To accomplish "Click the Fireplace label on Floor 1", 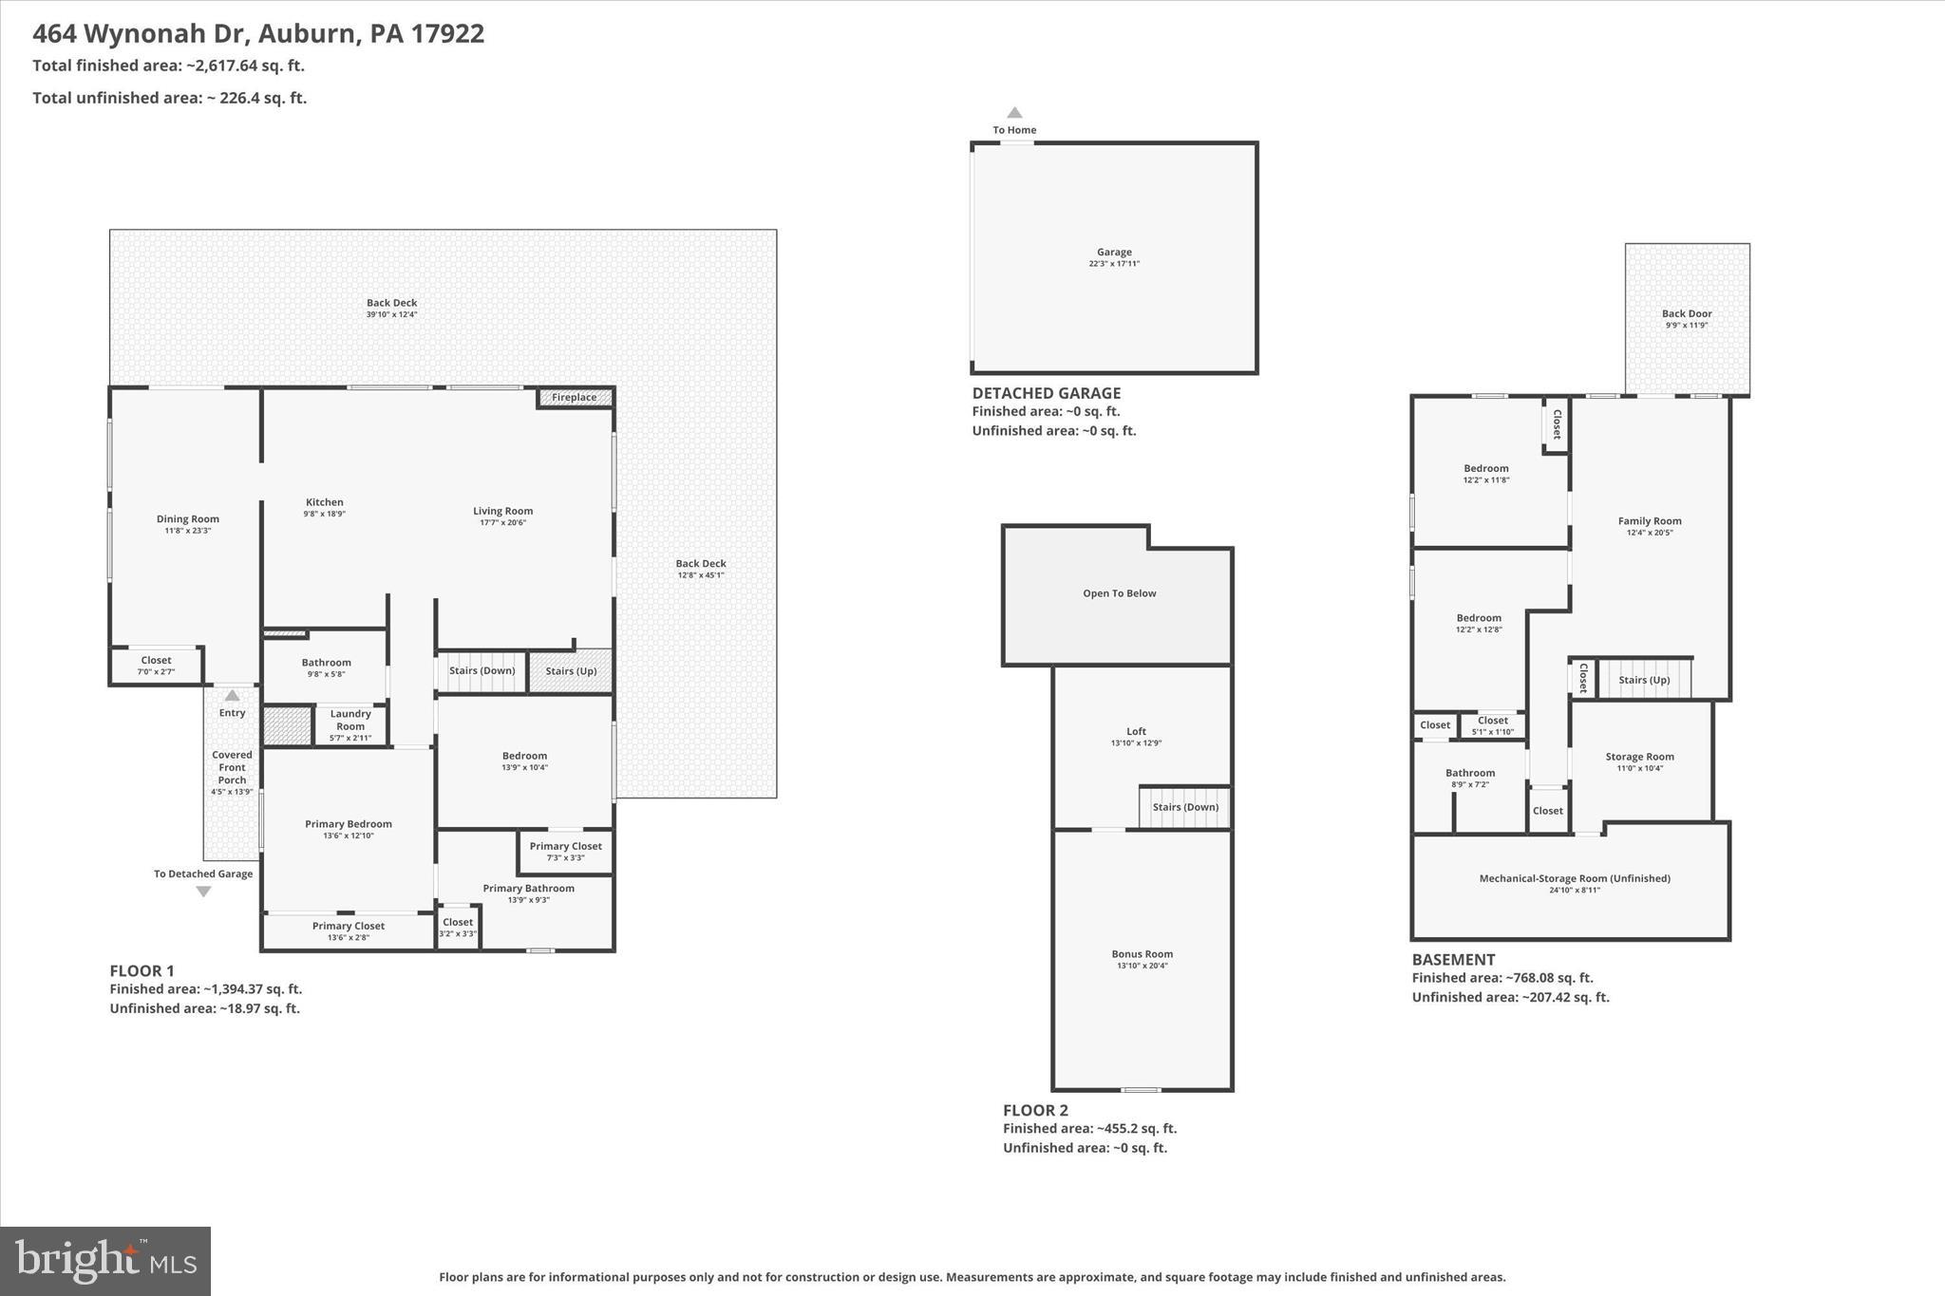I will click(x=575, y=398).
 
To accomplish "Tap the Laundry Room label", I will click(x=350, y=720).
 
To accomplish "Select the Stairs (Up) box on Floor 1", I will click(x=571, y=670).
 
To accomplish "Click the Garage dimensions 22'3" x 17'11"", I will click(x=1114, y=264).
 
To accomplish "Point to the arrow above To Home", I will click(x=1014, y=112).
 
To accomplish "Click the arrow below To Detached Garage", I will click(x=203, y=892).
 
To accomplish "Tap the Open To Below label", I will click(x=1119, y=593).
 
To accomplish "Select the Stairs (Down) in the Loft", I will click(x=1185, y=807).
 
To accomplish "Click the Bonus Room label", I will click(x=1142, y=954).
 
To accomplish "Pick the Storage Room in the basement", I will click(x=1639, y=757).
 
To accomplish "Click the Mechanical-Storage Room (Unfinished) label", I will click(x=1575, y=878).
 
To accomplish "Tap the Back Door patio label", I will click(x=1687, y=314).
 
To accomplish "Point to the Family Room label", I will click(x=1650, y=521).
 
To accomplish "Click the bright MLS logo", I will click(x=105, y=1261).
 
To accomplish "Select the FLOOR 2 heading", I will click(x=1035, y=1110).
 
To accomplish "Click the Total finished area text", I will click(x=168, y=66).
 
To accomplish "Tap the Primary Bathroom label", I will click(x=528, y=889).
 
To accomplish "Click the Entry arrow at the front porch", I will click(x=232, y=695).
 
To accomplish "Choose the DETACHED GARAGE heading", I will click(x=1046, y=393).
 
